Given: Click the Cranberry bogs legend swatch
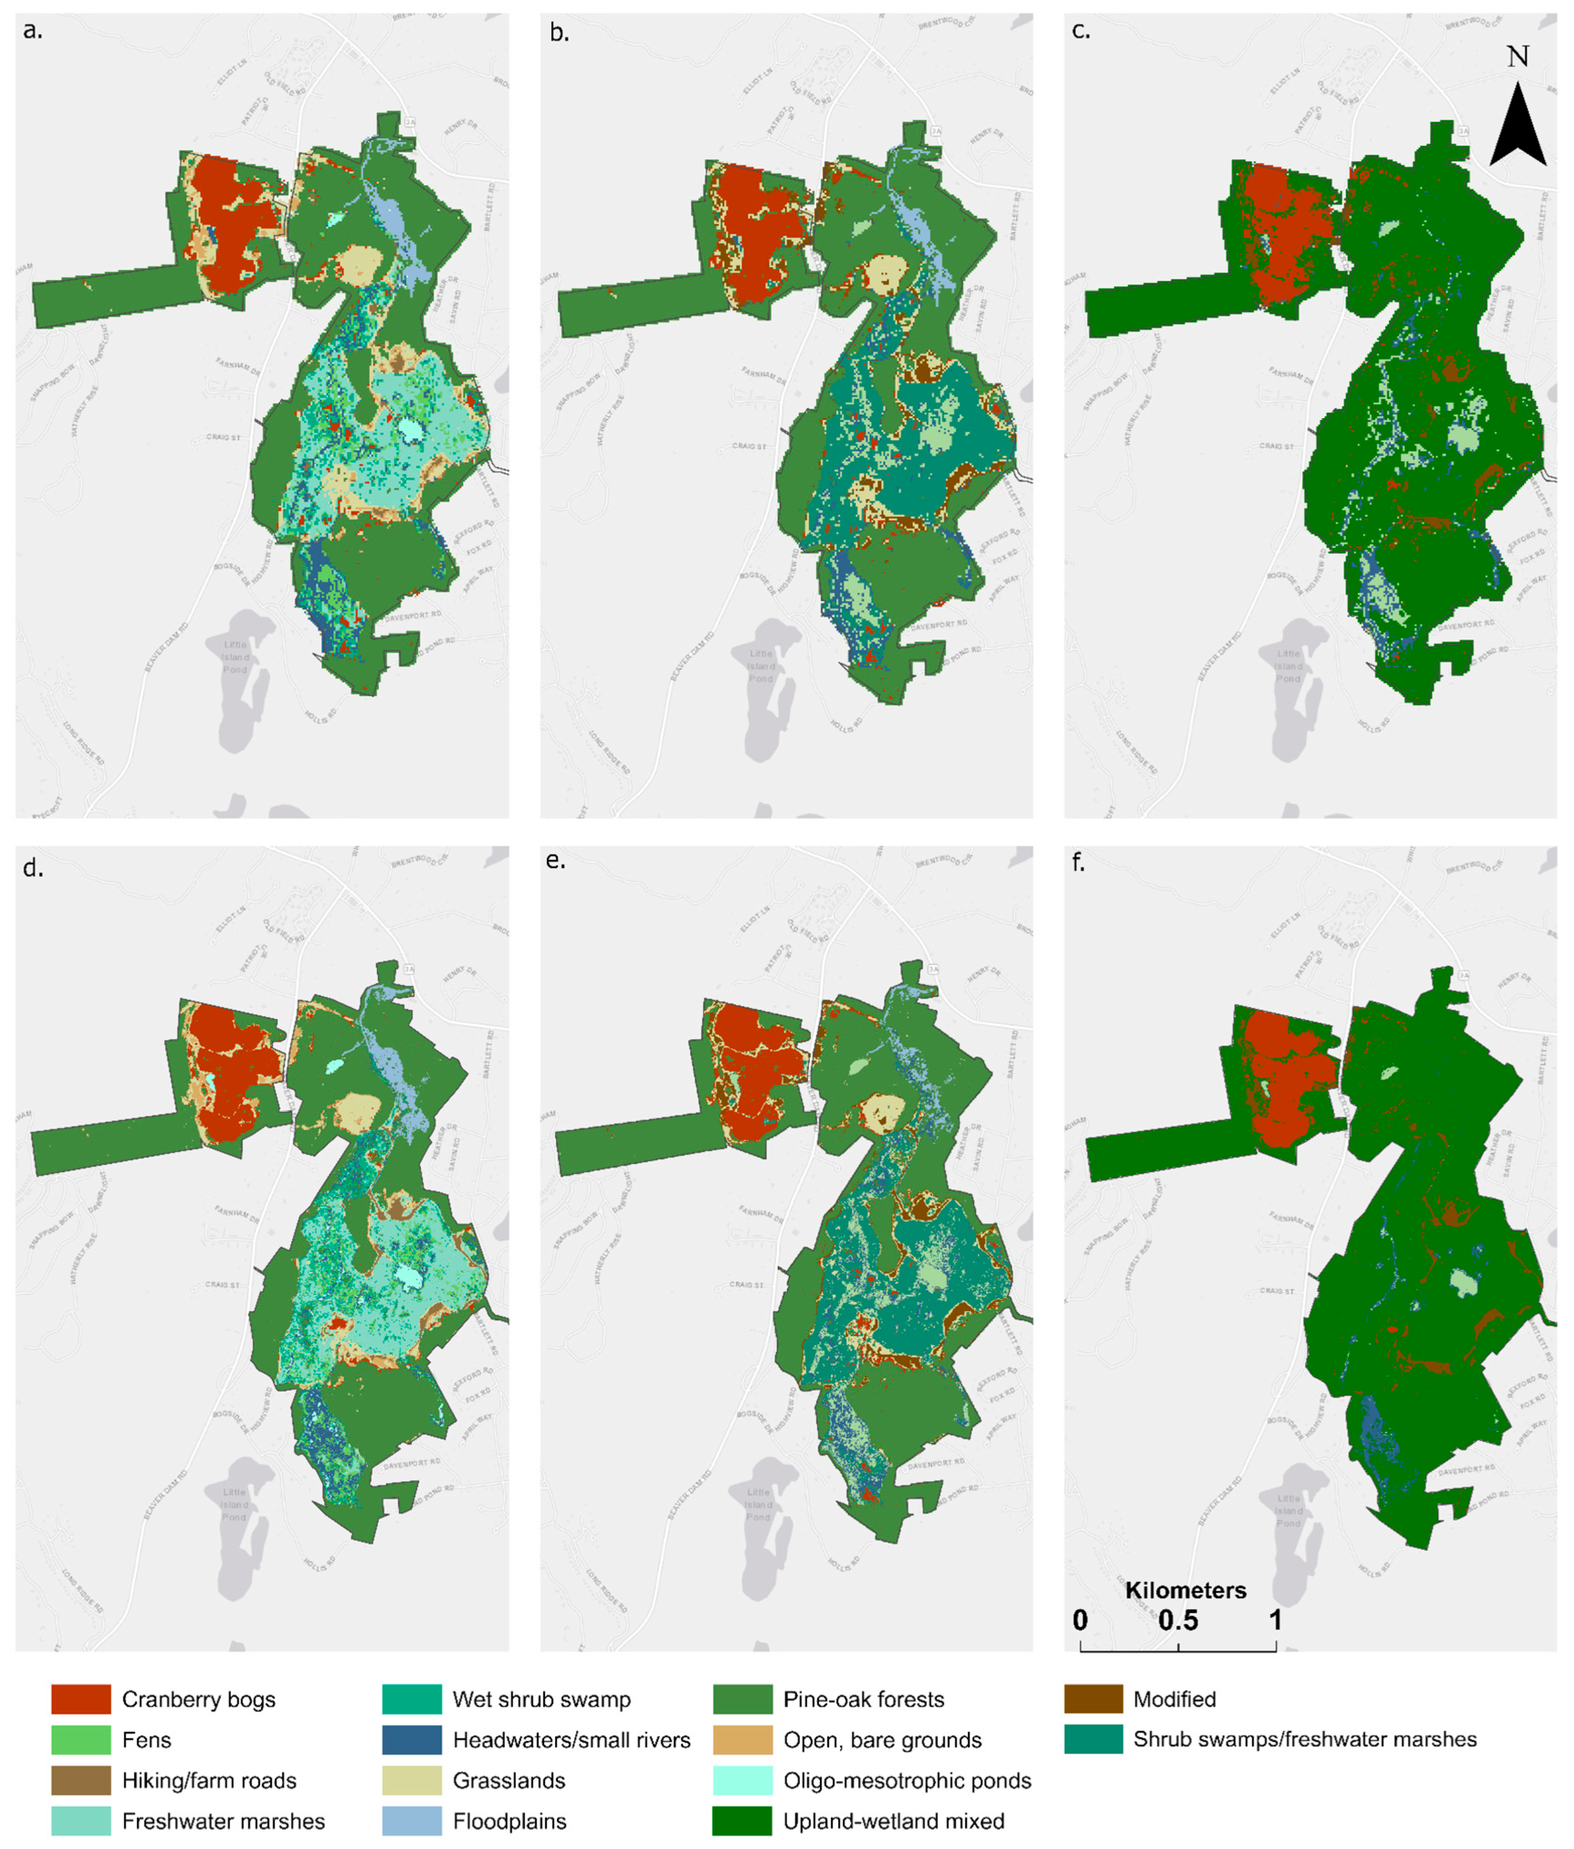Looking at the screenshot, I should (80, 1699).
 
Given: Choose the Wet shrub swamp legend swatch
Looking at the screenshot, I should (411, 1699).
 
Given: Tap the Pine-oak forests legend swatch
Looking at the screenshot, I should (742, 1699).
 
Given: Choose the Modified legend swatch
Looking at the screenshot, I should (1093, 1699).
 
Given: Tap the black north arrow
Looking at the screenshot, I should (1518, 125).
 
